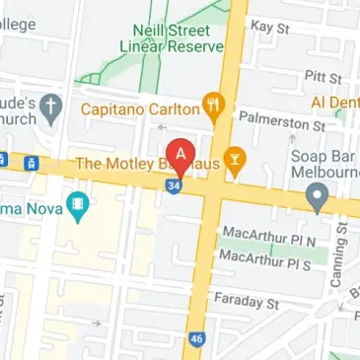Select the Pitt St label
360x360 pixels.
324,76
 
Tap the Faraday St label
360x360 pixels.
251,299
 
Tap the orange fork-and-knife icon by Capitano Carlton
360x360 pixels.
211,104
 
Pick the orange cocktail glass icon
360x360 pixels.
236,158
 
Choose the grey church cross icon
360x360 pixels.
54,105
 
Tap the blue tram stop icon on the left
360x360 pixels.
33,162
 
